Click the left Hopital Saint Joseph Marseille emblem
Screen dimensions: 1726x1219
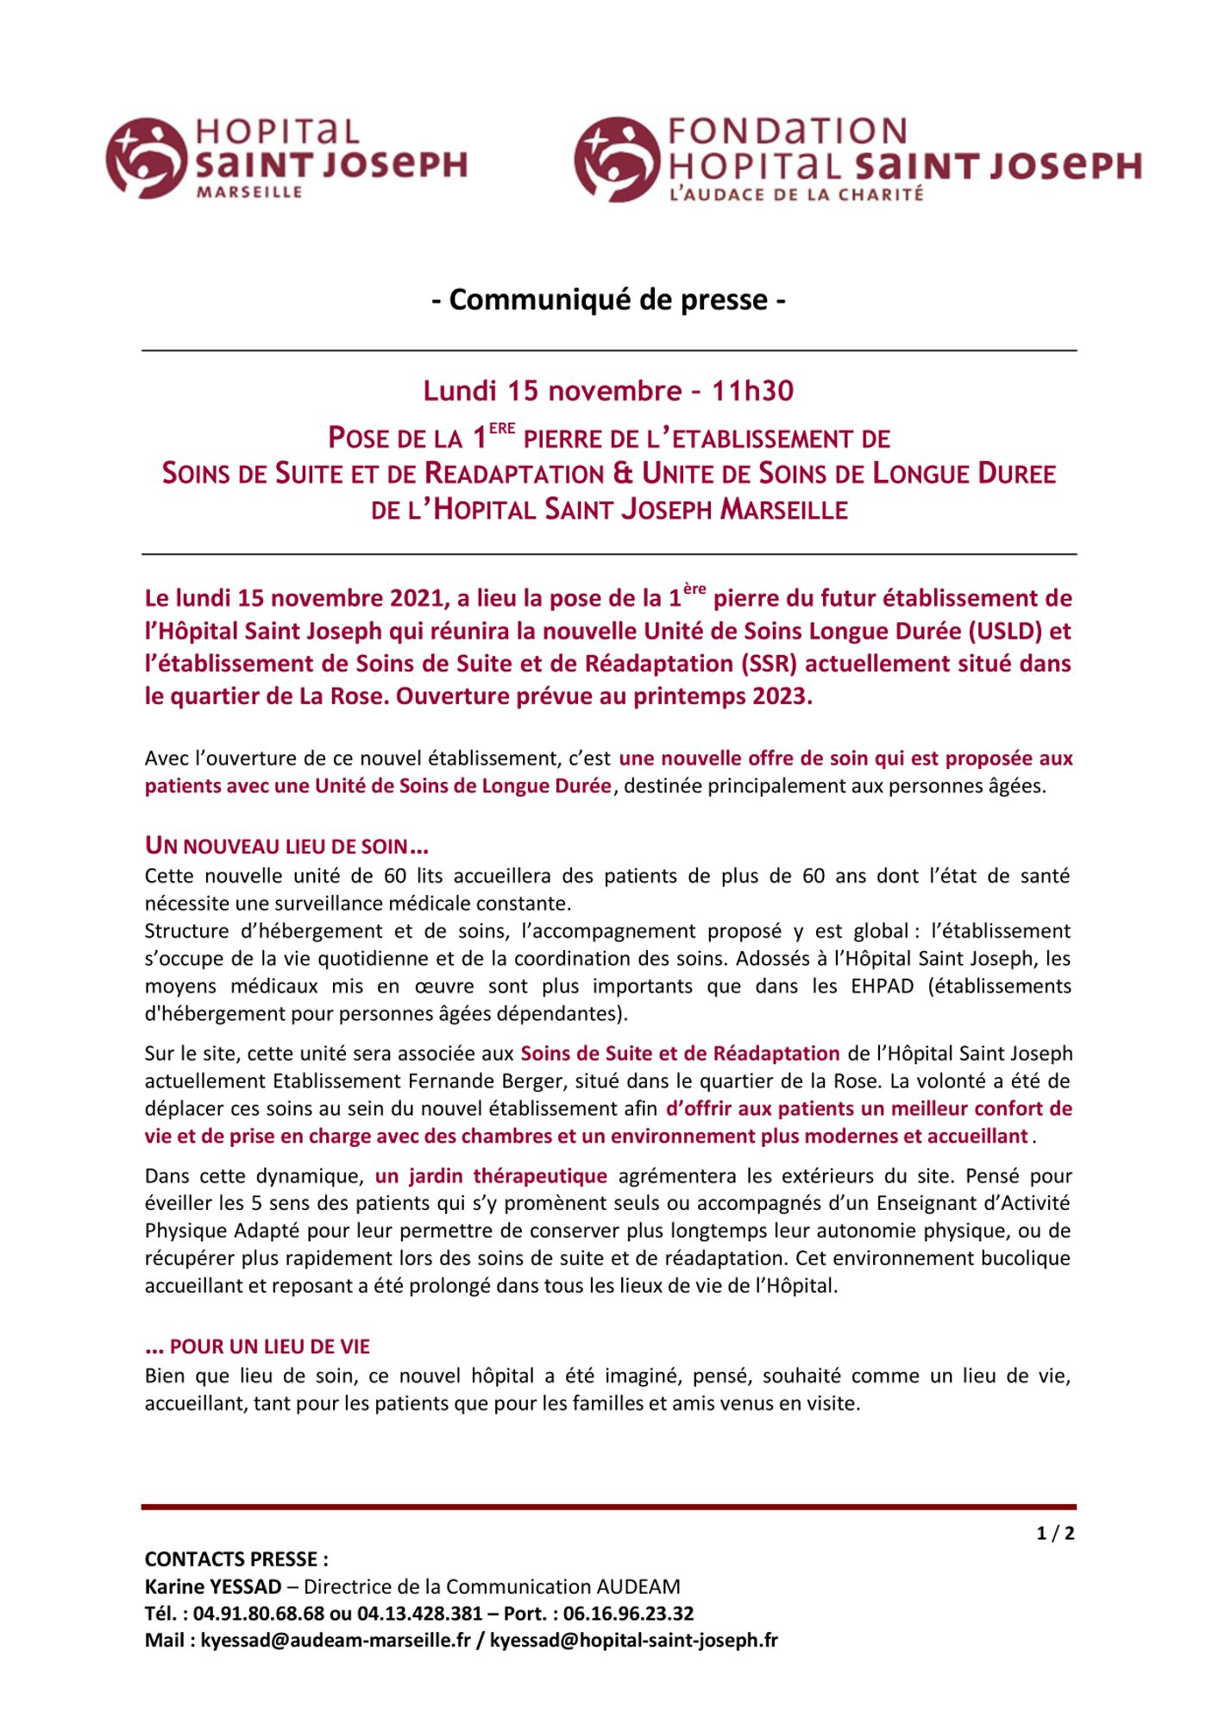click(x=146, y=158)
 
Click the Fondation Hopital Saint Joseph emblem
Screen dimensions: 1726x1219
click(x=617, y=160)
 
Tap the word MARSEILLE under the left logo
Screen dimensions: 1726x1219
click(x=249, y=192)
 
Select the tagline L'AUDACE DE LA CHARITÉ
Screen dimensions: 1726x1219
click(x=796, y=195)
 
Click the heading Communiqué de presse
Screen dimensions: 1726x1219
click(x=609, y=299)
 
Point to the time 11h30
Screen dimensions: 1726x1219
click(x=752, y=391)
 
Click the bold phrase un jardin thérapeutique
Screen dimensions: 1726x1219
click(x=491, y=1175)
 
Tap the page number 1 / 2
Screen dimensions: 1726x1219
click(x=1055, y=1534)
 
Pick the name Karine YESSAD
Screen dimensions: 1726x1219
click(x=213, y=1586)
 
